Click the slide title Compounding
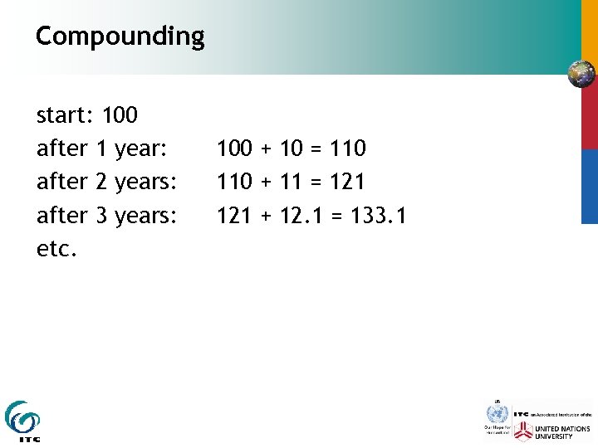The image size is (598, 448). click(x=120, y=37)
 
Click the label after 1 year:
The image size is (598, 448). click(x=102, y=149)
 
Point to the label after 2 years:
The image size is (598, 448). click(x=107, y=182)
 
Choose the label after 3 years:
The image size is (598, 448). click(x=107, y=216)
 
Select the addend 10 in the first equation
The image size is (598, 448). click(x=292, y=149)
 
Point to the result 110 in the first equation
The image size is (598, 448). click(x=347, y=149)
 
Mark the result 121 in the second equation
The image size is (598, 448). click(x=347, y=182)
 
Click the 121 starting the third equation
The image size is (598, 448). click(x=234, y=216)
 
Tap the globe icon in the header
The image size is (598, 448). click(x=581, y=75)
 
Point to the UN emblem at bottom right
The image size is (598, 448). click(x=497, y=413)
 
